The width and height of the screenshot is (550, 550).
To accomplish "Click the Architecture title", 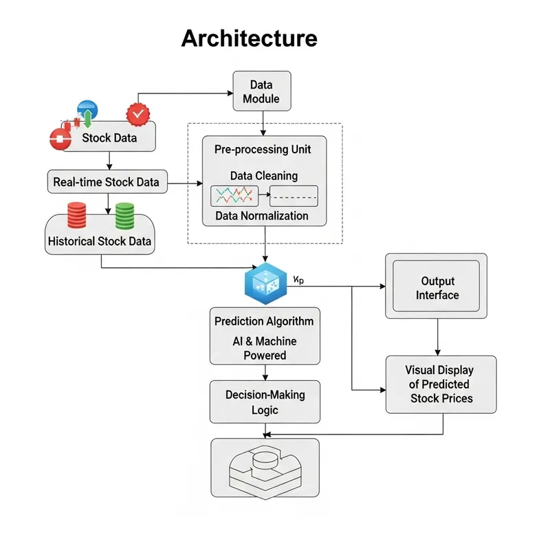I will [x=249, y=38].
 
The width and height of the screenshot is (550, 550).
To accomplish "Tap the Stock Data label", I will [x=109, y=137].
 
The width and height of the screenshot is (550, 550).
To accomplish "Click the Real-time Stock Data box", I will [x=107, y=182].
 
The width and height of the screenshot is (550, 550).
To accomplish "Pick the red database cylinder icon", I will [x=76, y=216].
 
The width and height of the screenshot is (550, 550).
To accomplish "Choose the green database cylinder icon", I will [x=124, y=216].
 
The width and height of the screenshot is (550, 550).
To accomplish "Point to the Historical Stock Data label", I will [x=100, y=241].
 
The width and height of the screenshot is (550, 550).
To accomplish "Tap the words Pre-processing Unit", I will [x=262, y=149].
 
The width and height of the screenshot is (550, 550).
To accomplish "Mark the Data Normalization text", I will [x=262, y=216].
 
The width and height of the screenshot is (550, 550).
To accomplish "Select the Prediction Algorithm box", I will [x=264, y=336].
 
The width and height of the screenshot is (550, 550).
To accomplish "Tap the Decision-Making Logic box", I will [x=265, y=401].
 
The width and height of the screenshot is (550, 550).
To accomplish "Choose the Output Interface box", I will [x=437, y=287].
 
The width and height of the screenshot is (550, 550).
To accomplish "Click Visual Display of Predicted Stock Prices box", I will [x=441, y=384].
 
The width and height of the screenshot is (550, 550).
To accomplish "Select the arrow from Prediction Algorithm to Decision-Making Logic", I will [x=265, y=372].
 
